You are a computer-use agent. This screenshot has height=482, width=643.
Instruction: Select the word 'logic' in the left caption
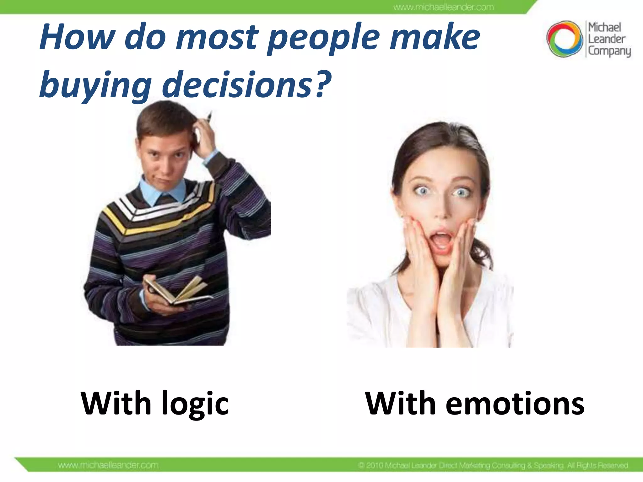tap(195, 404)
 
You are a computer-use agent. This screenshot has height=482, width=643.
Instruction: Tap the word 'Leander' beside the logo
tap(607, 39)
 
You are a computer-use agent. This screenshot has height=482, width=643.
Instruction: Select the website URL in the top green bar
tap(443, 7)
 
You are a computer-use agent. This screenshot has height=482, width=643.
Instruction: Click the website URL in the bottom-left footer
tap(108, 465)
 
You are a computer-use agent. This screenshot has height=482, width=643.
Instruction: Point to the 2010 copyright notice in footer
tap(493, 465)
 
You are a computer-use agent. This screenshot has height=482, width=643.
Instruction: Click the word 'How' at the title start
tap(77, 38)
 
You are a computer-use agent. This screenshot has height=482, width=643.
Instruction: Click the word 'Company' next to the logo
tap(609, 51)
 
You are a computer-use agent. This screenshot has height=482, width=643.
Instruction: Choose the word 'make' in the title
tap(435, 38)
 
